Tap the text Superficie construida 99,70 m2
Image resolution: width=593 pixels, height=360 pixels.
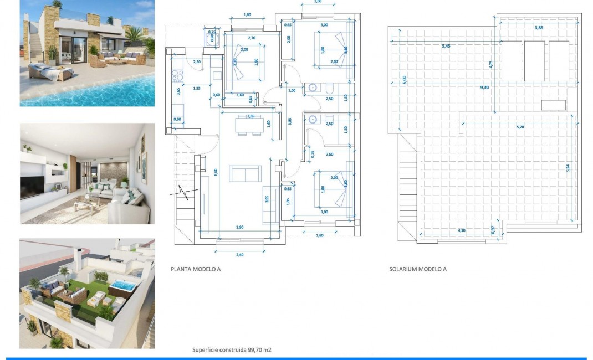tap(232, 350)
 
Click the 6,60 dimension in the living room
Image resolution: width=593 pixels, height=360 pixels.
tap(216, 172)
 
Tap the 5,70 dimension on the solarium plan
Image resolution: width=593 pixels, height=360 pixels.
tap(520, 127)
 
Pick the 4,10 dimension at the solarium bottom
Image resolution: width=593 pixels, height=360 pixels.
tap(461, 230)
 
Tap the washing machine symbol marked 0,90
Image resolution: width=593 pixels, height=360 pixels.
tap(212, 39)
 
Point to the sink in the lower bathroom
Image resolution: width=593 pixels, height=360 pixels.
tap(314, 119)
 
